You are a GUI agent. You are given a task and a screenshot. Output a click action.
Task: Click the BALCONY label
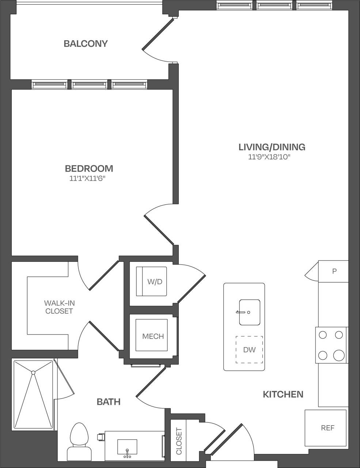click(86, 44)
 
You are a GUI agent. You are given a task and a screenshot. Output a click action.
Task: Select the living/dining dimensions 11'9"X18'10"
click(272, 157)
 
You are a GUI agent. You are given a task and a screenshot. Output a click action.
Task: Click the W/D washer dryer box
click(151, 282)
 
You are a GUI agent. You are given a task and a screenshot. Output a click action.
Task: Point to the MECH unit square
click(152, 335)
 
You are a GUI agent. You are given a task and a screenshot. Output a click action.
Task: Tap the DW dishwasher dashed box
click(249, 350)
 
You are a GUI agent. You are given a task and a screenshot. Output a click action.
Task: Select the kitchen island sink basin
click(250, 312)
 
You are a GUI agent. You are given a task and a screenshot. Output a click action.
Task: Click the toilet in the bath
click(79, 437)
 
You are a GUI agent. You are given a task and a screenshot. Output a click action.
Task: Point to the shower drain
click(33, 373)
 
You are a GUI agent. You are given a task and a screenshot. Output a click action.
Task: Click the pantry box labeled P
click(333, 271)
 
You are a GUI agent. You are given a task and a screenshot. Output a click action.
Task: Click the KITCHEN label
click(283, 394)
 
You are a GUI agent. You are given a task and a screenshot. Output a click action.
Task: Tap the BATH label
click(109, 402)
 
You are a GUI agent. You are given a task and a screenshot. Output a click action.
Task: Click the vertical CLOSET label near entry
click(179, 441)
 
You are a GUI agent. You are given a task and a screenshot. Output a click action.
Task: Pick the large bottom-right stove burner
click(339, 355)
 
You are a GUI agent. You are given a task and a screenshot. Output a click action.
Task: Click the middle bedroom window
click(89, 85)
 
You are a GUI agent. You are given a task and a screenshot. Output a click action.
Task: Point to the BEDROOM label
click(89, 169)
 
